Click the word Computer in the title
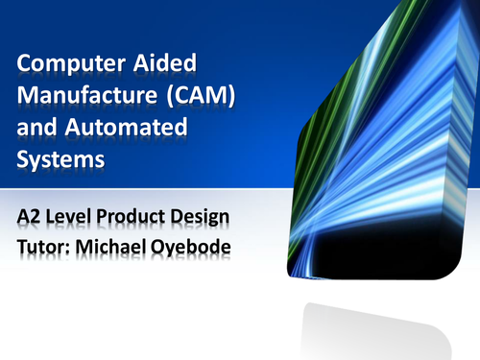(x=64, y=66)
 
